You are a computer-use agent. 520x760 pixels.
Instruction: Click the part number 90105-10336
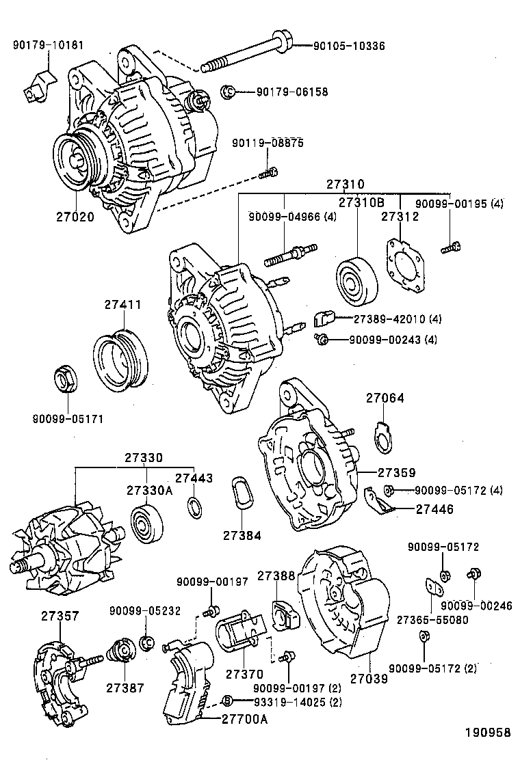(349, 46)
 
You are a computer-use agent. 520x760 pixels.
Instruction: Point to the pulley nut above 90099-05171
(66, 381)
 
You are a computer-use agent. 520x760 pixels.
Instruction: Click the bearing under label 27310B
(357, 282)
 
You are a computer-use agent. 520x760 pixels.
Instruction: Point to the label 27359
(397, 472)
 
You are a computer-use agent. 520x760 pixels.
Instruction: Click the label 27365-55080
(432, 620)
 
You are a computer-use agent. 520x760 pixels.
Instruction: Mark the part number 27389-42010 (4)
(398, 319)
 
